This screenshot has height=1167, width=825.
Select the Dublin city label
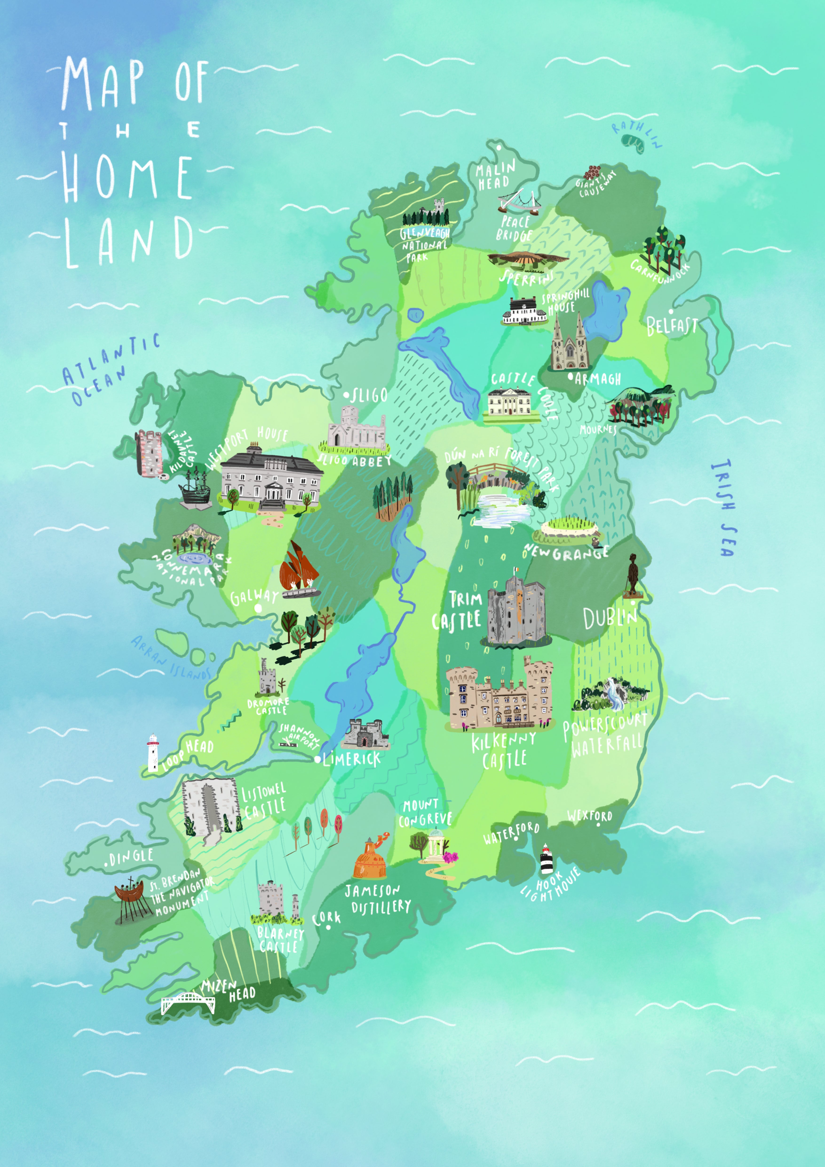pyautogui.click(x=609, y=619)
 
